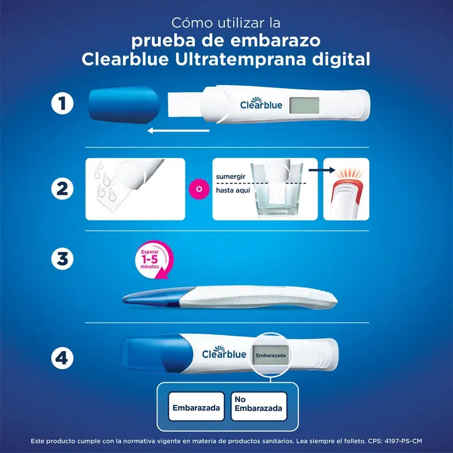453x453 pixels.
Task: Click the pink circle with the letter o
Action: (x=198, y=188)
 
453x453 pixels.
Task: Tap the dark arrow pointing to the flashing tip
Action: (x=324, y=169)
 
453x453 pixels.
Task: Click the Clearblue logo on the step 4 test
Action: (x=224, y=354)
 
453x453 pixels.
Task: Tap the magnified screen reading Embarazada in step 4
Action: (x=270, y=356)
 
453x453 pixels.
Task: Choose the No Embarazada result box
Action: (x=258, y=405)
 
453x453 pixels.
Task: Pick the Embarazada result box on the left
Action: (x=196, y=407)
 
